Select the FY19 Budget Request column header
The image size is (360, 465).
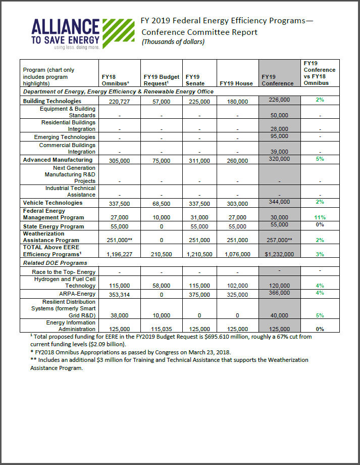point(161,80)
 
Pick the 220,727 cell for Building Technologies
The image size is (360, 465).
point(121,102)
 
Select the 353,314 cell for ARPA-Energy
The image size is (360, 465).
point(121,295)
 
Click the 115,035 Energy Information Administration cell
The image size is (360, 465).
point(161,329)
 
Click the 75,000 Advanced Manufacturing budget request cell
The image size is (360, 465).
point(161,161)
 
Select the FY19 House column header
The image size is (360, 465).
point(236,83)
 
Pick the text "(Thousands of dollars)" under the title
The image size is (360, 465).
point(173,42)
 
